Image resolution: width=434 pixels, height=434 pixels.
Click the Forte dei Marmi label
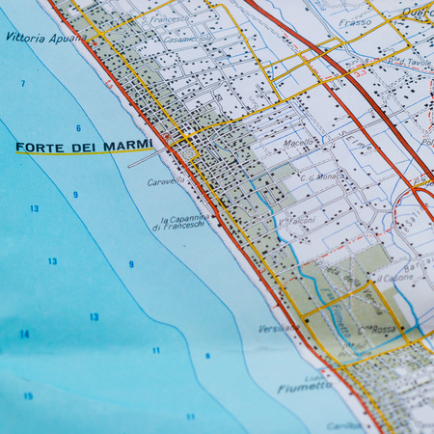coord(84,147)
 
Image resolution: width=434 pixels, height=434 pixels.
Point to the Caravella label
coord(165,181)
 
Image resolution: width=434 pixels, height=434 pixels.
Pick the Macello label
coord(299,142)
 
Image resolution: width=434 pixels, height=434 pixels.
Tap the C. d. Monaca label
coord(321,177)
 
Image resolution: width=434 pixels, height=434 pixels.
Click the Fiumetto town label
coord(305,387)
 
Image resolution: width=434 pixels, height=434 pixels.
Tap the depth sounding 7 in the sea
coord(23,84)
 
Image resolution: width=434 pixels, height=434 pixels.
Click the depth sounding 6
coord(78,127)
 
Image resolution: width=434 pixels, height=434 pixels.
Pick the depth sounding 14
coord(24,335)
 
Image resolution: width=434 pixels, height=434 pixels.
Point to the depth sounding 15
coord(28,396)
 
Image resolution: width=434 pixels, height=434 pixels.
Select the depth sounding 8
coord(206,356)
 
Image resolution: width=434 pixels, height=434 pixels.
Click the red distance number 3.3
coord(357,71)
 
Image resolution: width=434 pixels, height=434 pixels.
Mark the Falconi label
coord(301,221)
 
